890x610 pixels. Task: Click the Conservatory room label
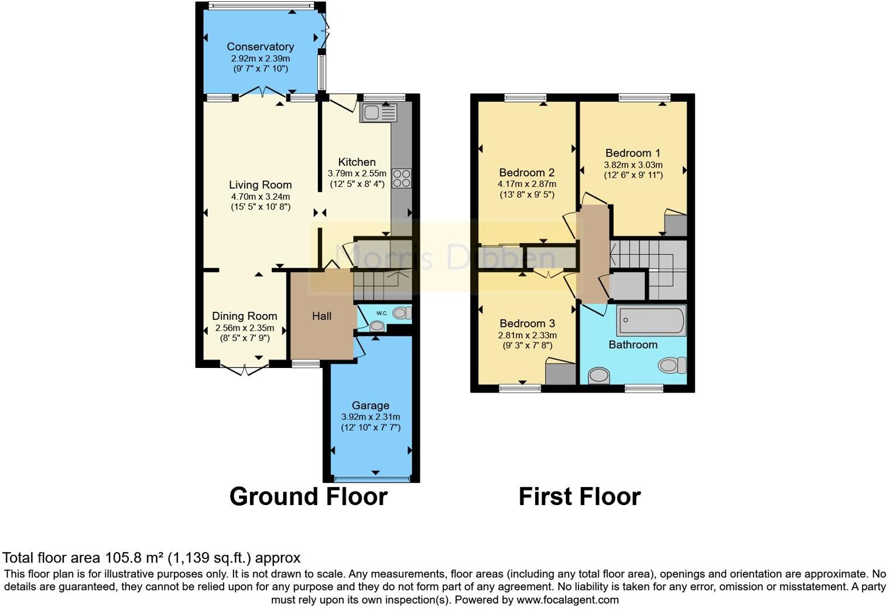tap(260, 47)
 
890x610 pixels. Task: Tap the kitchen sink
tap(379, 113)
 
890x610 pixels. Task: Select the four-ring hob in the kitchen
tap(402, 178)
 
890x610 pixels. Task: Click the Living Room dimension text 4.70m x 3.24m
tap(260, 196)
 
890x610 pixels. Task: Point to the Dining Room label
tap(244, 316)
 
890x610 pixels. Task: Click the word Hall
tap(321, 316)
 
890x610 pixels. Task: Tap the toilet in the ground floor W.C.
tap(402, 313)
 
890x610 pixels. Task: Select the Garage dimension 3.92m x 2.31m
tap(371, 417)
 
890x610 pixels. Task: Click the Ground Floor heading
tap(308, 497)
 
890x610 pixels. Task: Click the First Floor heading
tap(579, 497)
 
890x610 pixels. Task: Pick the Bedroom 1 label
tap(633, 153)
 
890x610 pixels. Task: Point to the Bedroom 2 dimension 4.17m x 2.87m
tap(526, 184)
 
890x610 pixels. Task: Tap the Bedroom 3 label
tap(527, 323)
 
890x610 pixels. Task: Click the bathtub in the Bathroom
tap(651, 321)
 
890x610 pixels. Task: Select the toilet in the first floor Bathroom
tap(672, 366)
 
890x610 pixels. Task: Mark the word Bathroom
tap(632, 345)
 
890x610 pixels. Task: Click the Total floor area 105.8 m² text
tap(151, 558)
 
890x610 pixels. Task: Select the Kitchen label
tap(357, 162)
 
